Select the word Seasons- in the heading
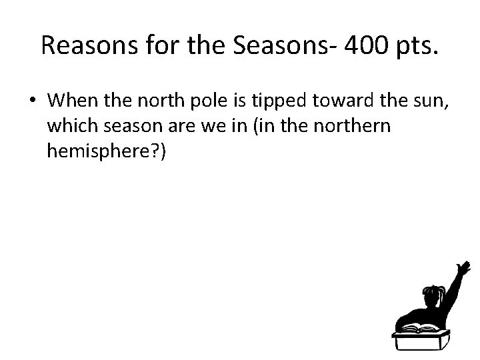265,45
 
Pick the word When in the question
72,101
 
